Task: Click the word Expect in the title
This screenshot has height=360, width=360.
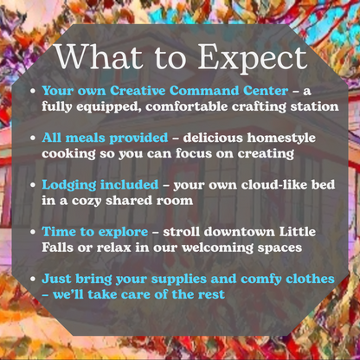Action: pyautogui.click(x=253, y=59)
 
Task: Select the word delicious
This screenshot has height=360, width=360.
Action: pyautogui.click(x=213, y=138)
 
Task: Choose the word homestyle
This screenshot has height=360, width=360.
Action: pyautogui.click(x=281, y=138)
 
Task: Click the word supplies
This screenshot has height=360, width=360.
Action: pyautogui.click(x=179, y=280)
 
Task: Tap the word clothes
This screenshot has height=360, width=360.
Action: pyautogui.click(x=310, y=279)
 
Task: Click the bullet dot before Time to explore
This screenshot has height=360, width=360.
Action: pyautogui.click(x=33, y=232)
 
